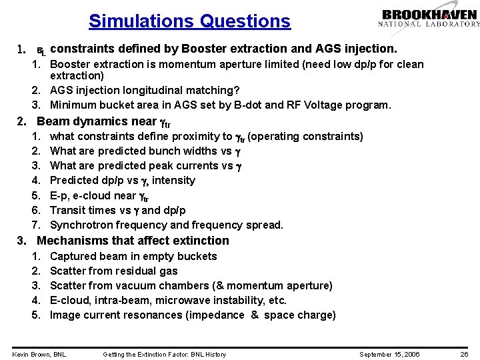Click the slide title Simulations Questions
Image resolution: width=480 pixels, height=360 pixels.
189,21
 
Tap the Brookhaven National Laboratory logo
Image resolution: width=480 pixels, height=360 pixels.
429,18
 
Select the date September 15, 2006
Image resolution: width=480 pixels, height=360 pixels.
389,354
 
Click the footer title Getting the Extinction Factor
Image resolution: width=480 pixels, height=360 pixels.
164,354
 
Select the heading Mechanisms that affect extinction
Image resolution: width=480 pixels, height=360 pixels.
133,241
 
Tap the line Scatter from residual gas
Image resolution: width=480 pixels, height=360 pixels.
114,271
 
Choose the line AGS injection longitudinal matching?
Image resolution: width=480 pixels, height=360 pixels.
145,90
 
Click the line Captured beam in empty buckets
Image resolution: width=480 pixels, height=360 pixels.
133,256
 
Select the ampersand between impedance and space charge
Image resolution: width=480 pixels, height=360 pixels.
255,315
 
